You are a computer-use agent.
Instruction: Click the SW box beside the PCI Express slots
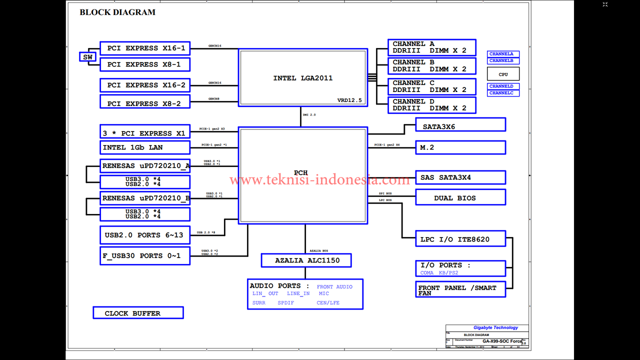87,57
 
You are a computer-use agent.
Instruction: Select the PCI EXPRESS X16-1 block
145,48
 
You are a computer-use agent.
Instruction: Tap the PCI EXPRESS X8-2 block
145,103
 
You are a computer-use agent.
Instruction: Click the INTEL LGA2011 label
302,78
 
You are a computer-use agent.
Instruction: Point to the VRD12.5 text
349,100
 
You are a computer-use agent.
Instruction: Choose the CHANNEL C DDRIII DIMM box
432,86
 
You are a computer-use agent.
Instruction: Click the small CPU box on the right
503,74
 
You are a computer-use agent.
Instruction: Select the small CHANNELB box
503,61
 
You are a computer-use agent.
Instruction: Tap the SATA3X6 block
460,127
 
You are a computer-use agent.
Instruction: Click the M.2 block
460,147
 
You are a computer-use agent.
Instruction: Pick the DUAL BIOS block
460,198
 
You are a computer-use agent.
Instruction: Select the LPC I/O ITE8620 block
460,239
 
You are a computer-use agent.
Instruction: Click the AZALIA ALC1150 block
306,260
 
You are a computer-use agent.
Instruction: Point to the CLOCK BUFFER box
138,313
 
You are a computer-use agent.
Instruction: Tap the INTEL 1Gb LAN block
145,147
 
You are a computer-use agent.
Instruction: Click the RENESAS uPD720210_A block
145,166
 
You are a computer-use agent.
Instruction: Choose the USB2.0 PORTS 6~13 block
145,235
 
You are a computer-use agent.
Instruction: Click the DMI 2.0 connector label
309,115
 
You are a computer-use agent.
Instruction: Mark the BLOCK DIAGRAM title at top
117,12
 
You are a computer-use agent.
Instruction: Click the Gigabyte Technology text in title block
495,328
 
